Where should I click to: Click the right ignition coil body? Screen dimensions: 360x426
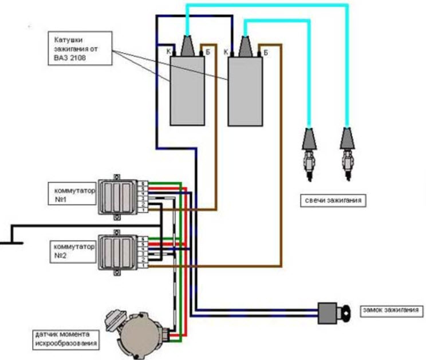coord(245,92)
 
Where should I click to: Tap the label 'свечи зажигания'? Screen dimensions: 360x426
coord(333,201)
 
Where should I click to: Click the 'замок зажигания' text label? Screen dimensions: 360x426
coord(391,311)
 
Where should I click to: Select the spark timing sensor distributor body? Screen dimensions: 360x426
coord(139,331)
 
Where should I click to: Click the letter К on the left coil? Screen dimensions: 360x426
coord(166,52)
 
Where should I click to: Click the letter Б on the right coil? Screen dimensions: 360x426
coord(266,52)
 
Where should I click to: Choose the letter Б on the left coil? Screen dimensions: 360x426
coord(208,52)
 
